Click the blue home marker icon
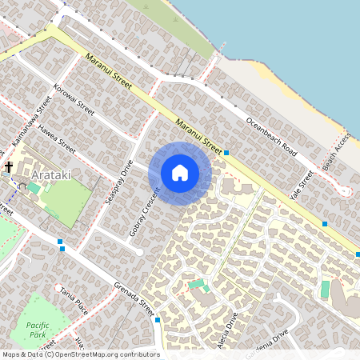click(x=180, y=173)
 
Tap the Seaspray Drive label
click(x=118, y=183)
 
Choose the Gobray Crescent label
click(x=145, y=211)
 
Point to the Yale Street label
click(x=302, y=186)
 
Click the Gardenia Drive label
click(x=268, y=339)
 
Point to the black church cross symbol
click(x=9, y=167)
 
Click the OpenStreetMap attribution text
click(x=80, y=354)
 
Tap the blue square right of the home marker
click(x=227, y=152)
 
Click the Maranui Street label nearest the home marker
click(x=198, y=134)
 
